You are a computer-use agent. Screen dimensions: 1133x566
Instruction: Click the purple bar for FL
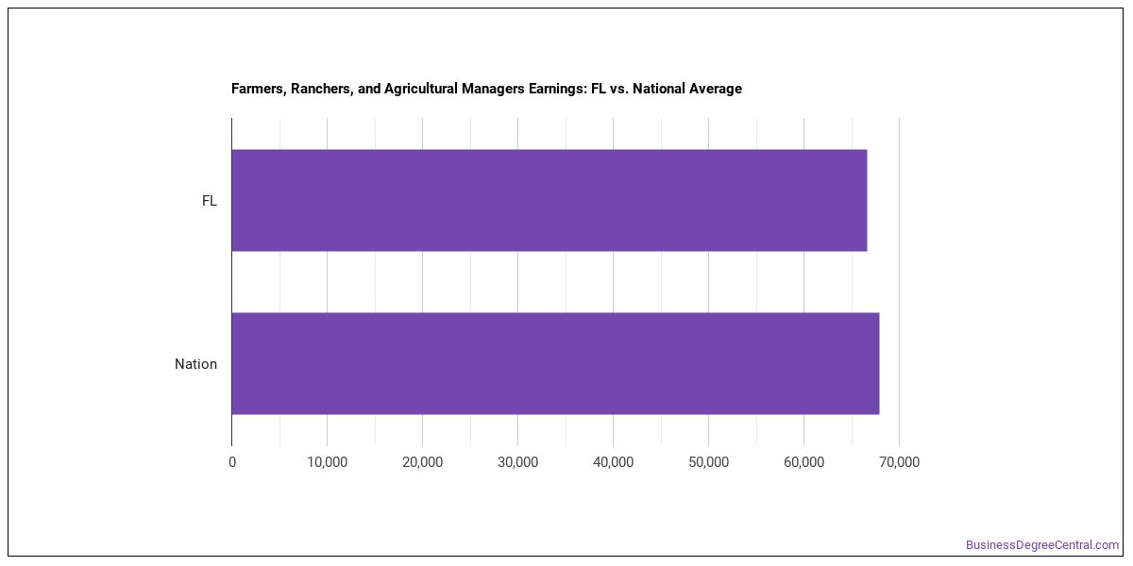tap(550, 200)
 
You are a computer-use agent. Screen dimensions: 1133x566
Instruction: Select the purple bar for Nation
tap(555, 363)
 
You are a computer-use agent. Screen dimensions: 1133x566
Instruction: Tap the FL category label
tap(210, 201)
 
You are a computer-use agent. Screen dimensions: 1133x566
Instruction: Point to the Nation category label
tap(195, 364)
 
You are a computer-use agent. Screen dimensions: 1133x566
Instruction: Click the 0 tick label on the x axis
tap(232, 462)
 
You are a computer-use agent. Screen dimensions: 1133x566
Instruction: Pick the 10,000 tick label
tap(328, 462)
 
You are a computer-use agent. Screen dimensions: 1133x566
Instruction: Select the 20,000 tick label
tap(422, 462)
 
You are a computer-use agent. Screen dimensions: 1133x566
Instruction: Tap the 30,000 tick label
tap(518, 462)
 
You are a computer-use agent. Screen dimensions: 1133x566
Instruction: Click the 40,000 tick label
tap(613, 462)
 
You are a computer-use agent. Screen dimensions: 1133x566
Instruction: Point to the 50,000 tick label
tap(709, 462)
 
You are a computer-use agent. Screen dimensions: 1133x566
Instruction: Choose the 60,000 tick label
tap(803, 462)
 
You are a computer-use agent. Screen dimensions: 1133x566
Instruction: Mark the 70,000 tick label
tap(899, 462)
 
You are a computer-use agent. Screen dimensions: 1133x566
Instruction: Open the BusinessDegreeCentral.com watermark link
tap(1042, 545)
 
